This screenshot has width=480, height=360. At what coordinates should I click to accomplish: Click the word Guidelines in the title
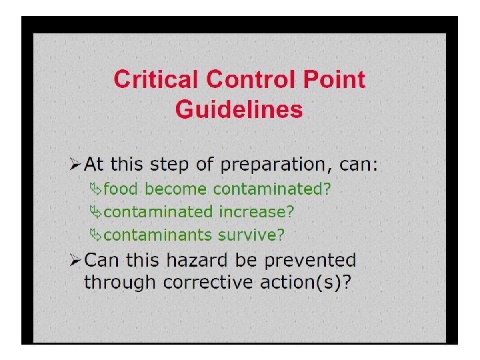(239, 109)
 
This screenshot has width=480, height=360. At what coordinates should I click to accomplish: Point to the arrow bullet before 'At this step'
(76, 164)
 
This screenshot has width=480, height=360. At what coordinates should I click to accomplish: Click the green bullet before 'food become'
(96, 189)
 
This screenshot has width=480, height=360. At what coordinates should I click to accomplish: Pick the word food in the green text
(121, 189)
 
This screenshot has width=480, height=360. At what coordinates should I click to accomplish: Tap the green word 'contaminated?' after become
(271, 189)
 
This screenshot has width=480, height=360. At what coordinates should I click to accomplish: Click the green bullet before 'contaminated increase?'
(96, 212)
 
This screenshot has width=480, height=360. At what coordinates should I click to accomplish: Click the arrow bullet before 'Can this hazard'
(76, 260)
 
